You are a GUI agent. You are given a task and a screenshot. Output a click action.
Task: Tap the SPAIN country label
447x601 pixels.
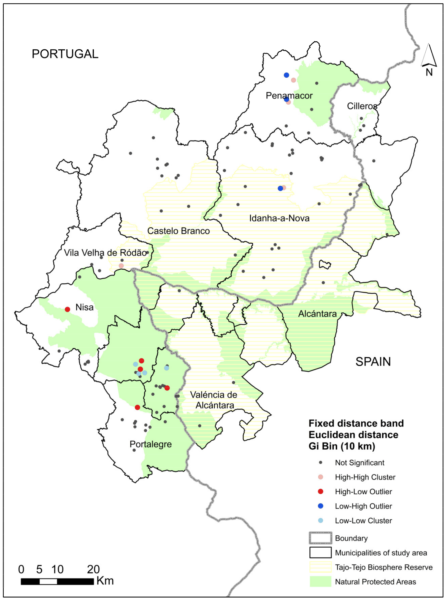tap(373, 362)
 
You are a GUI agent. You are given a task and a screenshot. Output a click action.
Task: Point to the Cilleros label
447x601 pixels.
tap(362, 106)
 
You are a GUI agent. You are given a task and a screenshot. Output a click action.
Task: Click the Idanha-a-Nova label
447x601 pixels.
tap(279, 218)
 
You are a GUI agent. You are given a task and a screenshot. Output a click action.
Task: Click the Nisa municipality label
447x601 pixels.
tap(84, 307)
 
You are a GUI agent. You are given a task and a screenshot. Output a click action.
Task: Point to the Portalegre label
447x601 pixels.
tap(151, 444)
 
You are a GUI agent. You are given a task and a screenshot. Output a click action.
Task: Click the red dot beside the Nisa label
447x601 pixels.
tap(67, 309)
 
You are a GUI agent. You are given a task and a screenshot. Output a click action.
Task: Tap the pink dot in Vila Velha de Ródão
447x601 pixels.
tap(121, 266)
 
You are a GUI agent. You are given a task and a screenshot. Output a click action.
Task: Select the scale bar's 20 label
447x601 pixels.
tap(93, 570)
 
